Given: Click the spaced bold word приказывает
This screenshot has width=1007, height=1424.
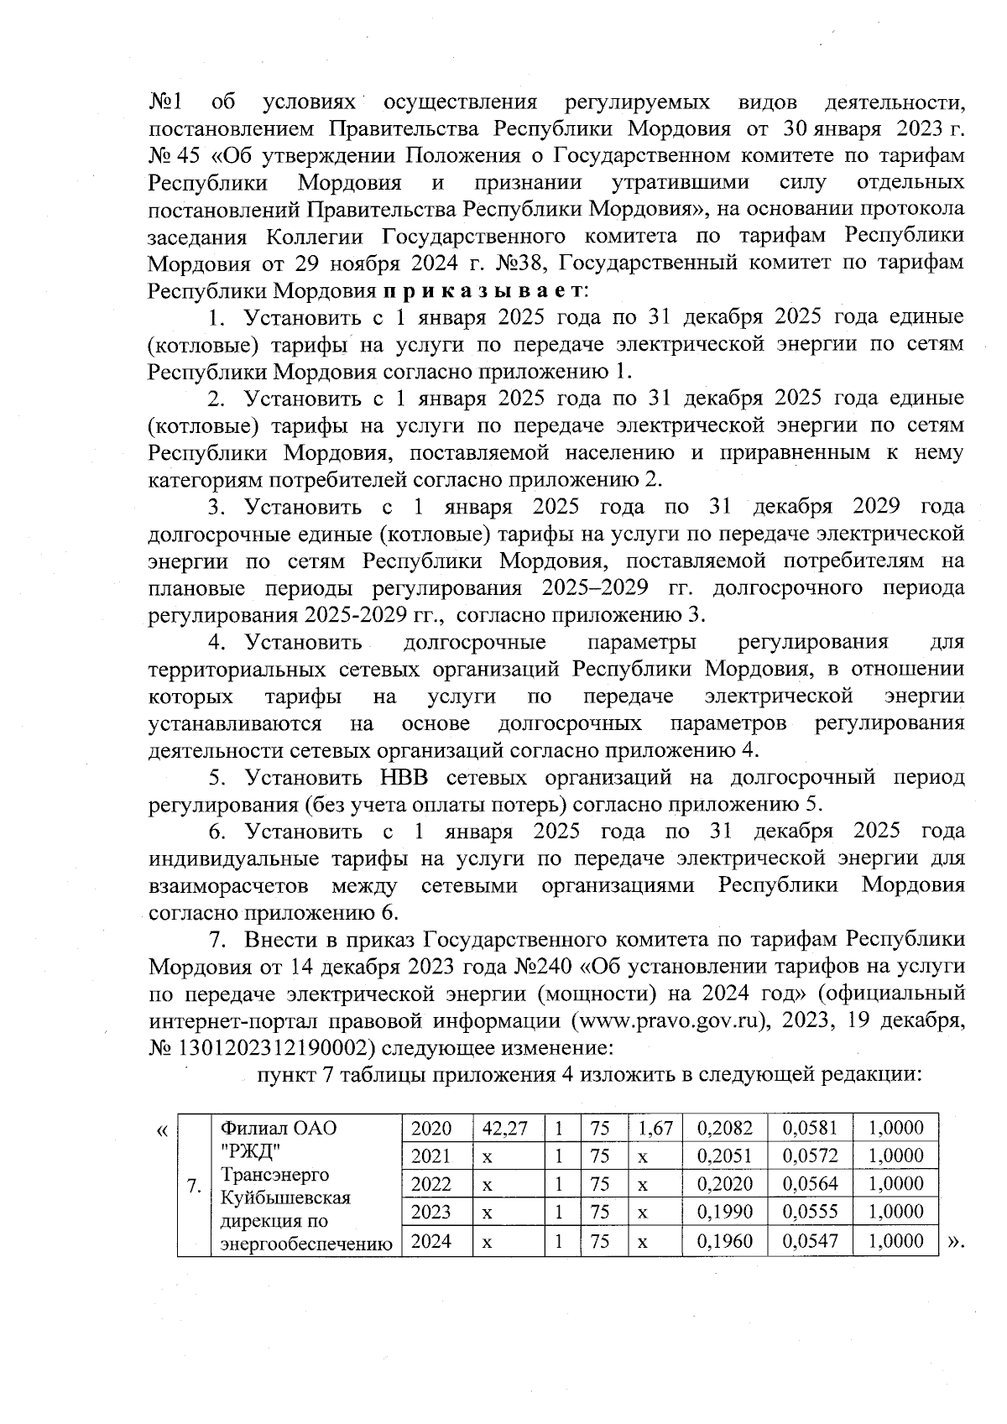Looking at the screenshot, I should click(x=485, y=291).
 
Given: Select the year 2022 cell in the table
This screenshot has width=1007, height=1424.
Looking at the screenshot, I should click(x=432, y=1184).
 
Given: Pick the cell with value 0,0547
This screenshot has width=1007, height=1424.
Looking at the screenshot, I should click(x=810, y=1241).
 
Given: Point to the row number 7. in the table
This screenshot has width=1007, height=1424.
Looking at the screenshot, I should click(x=195, y=1186).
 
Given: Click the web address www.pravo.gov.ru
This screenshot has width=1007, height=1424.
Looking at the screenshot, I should click(x=670, y=1022).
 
